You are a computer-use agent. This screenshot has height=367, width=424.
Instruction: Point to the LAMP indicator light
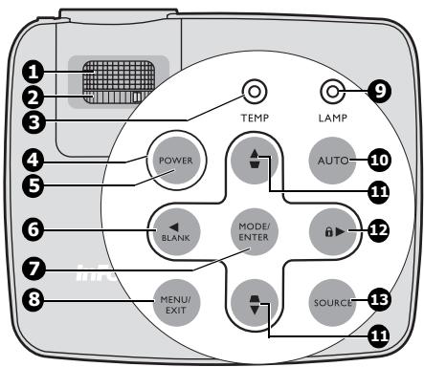click(333, 93)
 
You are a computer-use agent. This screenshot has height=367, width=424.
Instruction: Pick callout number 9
click(381, 93)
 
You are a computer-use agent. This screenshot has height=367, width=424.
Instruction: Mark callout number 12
click(381, 230)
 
